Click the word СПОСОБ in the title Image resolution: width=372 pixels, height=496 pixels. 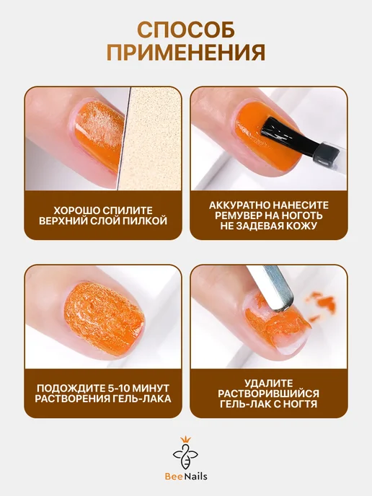[x=186, y=30]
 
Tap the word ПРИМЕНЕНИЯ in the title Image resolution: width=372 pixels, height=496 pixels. [x=186, y=52]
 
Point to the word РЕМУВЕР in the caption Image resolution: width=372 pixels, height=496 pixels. [x=239, y=216]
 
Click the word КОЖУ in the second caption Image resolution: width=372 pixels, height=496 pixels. [x=301, y=226]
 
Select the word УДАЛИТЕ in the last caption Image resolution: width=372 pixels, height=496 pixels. [x=269, y=384]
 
